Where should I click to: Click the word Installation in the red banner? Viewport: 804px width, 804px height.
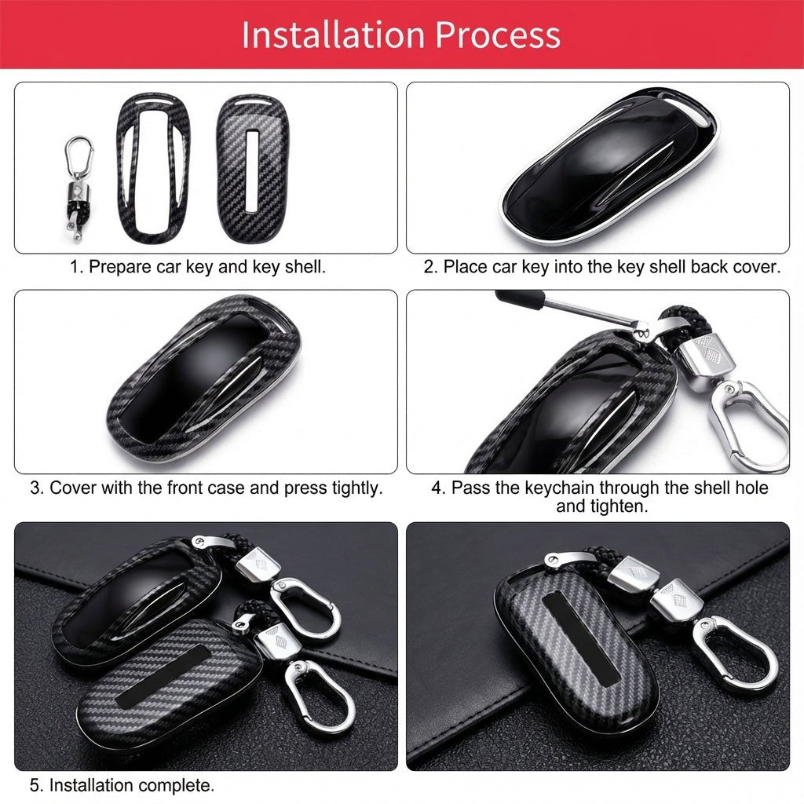coord(333,35)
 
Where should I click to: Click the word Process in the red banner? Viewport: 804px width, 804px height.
coord(497,35)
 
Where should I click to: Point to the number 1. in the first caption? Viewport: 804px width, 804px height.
coord(77,267)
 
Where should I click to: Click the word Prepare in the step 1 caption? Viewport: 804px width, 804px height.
coord(119,267)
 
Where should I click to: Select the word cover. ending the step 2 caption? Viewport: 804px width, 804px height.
coord(757,267)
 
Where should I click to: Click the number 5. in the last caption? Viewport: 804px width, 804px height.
coord(37,784)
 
